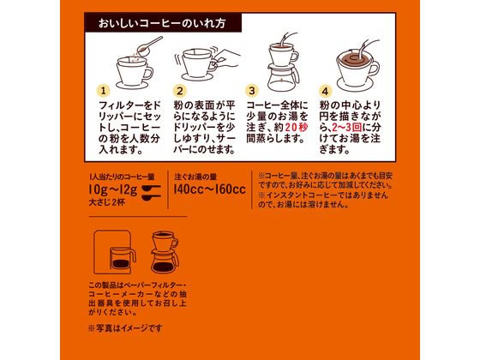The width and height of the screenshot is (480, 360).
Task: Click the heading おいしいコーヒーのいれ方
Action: (162, 23)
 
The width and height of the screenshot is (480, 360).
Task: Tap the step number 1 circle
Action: (103, 91)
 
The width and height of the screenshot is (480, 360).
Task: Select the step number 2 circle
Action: (180, 91)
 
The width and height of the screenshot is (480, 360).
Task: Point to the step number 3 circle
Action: (252, 91)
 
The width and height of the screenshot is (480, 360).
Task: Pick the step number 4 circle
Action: (325, 91)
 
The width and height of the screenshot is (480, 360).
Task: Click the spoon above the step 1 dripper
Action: (149, 46)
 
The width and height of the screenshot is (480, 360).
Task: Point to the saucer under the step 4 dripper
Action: (355, 84)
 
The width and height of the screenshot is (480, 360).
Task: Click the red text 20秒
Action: (297, 128)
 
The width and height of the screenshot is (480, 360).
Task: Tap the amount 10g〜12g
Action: (113, 189)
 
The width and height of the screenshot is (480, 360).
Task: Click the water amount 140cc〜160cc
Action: (210, 189)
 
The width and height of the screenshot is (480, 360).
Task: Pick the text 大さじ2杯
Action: (106, 202)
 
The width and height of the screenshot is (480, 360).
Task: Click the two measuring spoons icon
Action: (151, 193)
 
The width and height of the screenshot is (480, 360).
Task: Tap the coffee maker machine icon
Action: (115, 252)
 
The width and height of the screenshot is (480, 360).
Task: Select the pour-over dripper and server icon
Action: (165, 252)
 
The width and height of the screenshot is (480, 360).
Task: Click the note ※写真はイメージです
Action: (125, 328)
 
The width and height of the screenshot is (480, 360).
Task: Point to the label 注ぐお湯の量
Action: (195, 177)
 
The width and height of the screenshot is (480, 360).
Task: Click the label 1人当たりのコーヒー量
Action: (122, 177)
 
